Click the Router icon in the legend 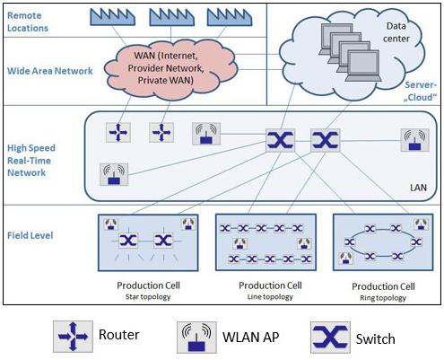tap(73, 337)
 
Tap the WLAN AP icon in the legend tap(196, 338)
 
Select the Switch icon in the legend tap(330, 338)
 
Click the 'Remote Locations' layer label tap(28, 22)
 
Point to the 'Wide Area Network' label tap(50, 71)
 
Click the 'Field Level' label tap(30, 235)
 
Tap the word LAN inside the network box tap(418, 188)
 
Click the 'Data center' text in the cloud tap(396, 32)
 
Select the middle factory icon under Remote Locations tap(171, 17)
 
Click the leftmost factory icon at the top tap(112, 17)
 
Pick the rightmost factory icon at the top tap(230, 17)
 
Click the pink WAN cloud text tap(166, 68)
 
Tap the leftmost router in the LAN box tap(118, 132)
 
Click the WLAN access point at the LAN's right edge tap(414, 140)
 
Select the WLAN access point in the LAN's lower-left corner tap(114, 174)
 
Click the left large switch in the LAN tap(280, 140)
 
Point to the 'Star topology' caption tap(148, 297)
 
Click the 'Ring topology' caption tap(383, 298)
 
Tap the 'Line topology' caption tap(270, 297)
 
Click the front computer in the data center tap(363, 66)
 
